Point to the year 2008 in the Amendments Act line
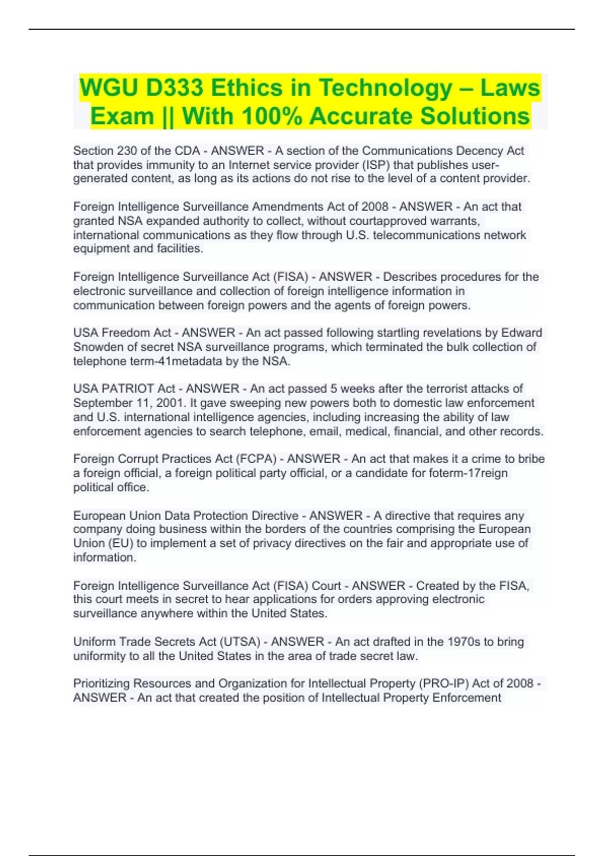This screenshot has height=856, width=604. [x=374, y=206]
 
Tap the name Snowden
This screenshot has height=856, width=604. [x=98, y=347]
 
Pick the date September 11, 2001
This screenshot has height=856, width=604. [x=128, y=403]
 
